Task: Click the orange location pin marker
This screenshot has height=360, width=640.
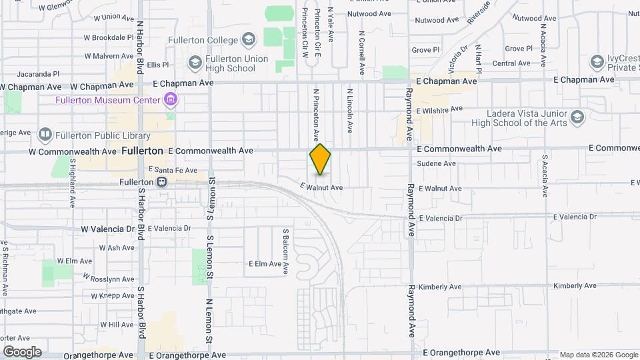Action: [320, 159]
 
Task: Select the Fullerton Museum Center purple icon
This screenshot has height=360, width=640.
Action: [171, 101]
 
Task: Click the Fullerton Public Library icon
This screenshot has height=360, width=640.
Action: [45, 135]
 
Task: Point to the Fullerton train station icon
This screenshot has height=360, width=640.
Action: [161, 181]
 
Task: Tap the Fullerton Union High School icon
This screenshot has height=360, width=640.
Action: [195, 63]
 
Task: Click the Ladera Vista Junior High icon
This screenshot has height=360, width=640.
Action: [577, 117]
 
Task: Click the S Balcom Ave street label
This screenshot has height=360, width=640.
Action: [285, 252]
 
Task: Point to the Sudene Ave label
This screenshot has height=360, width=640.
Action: [436, 163]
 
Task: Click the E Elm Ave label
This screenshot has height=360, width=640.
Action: [265, 264]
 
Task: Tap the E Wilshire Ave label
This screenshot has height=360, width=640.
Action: [439, 109]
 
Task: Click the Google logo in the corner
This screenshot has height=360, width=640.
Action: [21, 352]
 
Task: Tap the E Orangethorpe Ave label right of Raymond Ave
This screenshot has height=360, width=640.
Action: [461, 352]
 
